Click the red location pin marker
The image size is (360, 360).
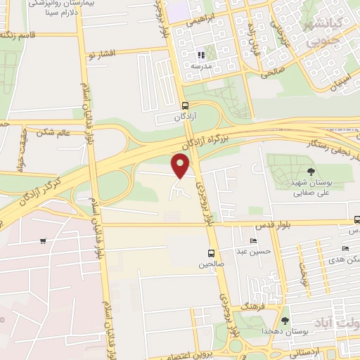181,167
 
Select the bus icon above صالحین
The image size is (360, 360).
211,253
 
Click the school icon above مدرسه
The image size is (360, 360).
201,54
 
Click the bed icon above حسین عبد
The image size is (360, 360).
253,241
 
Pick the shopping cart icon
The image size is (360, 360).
43,241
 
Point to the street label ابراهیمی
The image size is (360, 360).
200,22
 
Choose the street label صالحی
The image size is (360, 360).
274,70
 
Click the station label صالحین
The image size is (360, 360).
211,264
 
